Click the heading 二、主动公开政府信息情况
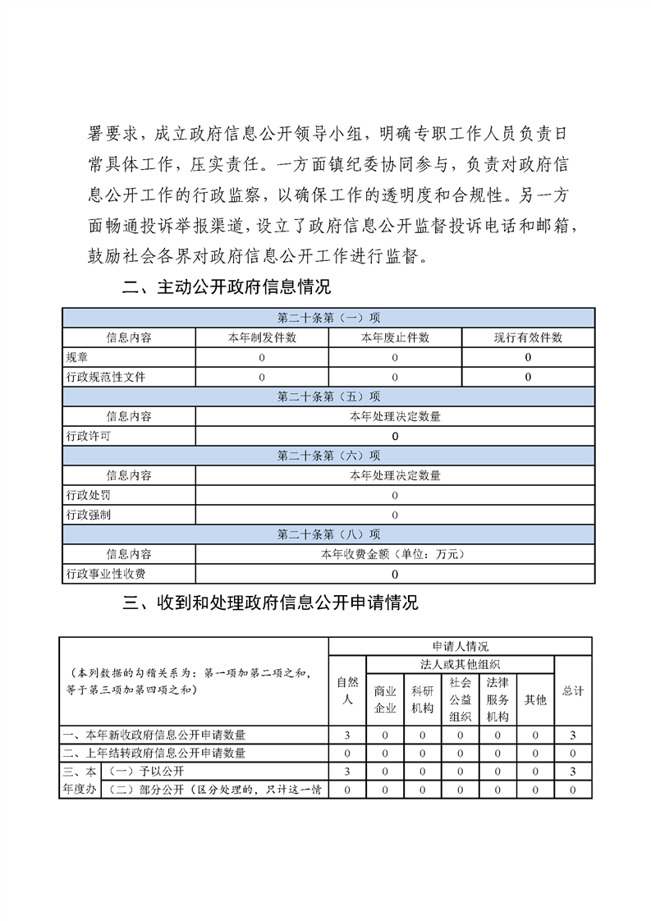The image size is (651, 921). pyautogui.click(x=226, y=288)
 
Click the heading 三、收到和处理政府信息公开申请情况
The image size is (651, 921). pyautogui.click(x=270, y=603)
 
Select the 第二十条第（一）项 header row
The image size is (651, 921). pyautogui.click(x=328, y=318)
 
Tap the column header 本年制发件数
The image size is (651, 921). pyautogui.click(x=262, y=337)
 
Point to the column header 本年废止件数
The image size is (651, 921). pyautogui.click(x=395, y=337)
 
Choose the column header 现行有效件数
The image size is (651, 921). pyautogui.click(x=528, y=337)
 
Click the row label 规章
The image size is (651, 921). pyautogui.click(x=77, y=357)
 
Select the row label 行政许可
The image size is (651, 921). pyautogui.click(x=89, y=436)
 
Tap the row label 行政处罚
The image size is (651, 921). pyautogui.click(x=89, y=495)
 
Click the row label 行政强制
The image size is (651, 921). pyautogui.click(x=89, y=515)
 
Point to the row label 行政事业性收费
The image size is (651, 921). pyautogui.click(x=100, y=574)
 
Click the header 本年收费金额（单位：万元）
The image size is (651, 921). pyautogui.click(x=395, y=554)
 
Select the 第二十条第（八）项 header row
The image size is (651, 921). pyautogui.click(x=328, y=534)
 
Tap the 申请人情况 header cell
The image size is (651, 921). pyautogui.click(x=460, y=647)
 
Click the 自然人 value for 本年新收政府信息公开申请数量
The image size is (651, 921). pyautogui.click(x=348, y=735)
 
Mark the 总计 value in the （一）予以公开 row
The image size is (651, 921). pyautogui.click(x=573, y=772)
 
